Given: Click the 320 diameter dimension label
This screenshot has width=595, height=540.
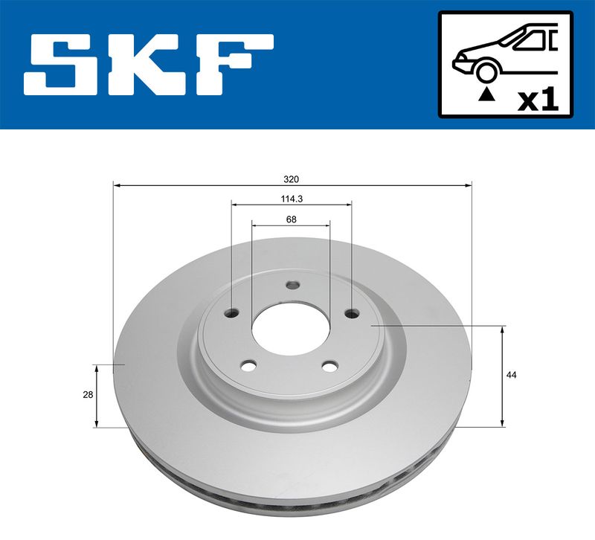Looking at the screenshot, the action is [x=292, y=179].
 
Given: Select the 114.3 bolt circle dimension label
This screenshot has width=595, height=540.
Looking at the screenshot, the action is [x=292, y=199].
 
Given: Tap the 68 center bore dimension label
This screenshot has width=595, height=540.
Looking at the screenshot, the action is [x=292, y=219].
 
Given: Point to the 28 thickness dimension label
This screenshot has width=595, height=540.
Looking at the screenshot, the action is [x=88, y=395].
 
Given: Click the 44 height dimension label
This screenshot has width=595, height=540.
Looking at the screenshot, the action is [x=512, y=376].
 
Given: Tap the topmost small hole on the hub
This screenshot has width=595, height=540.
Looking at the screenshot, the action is [x=292, y=285].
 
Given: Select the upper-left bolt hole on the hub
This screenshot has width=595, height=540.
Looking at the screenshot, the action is [x=232, y=313].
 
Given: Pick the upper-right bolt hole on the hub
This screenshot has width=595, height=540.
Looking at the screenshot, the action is [x=352, y=313].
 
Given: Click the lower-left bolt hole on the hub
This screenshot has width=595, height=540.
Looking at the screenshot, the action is [x=248, y=366].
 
